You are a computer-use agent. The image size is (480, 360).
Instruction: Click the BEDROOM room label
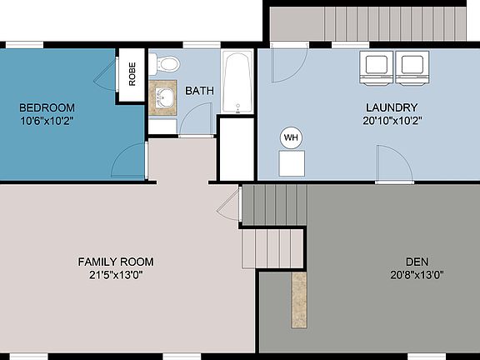click(47, 107)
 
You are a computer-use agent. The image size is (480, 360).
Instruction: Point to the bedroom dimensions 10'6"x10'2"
click(47, 119)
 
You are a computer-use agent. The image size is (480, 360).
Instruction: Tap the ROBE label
click(132, 75)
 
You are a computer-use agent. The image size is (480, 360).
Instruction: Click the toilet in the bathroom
click(166, 63)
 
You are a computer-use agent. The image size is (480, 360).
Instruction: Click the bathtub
click(238, 82)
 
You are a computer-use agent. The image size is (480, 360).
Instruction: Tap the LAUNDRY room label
click(391, 107)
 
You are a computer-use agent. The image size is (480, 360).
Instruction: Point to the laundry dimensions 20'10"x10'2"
click(391, 119)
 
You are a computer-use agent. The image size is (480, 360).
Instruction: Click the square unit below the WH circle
click(292, 164)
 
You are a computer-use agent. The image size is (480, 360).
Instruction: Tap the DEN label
click(417, 262)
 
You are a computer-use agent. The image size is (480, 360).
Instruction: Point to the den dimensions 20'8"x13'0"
click(417, 274)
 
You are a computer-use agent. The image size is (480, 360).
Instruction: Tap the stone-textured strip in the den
click(299, 298)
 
